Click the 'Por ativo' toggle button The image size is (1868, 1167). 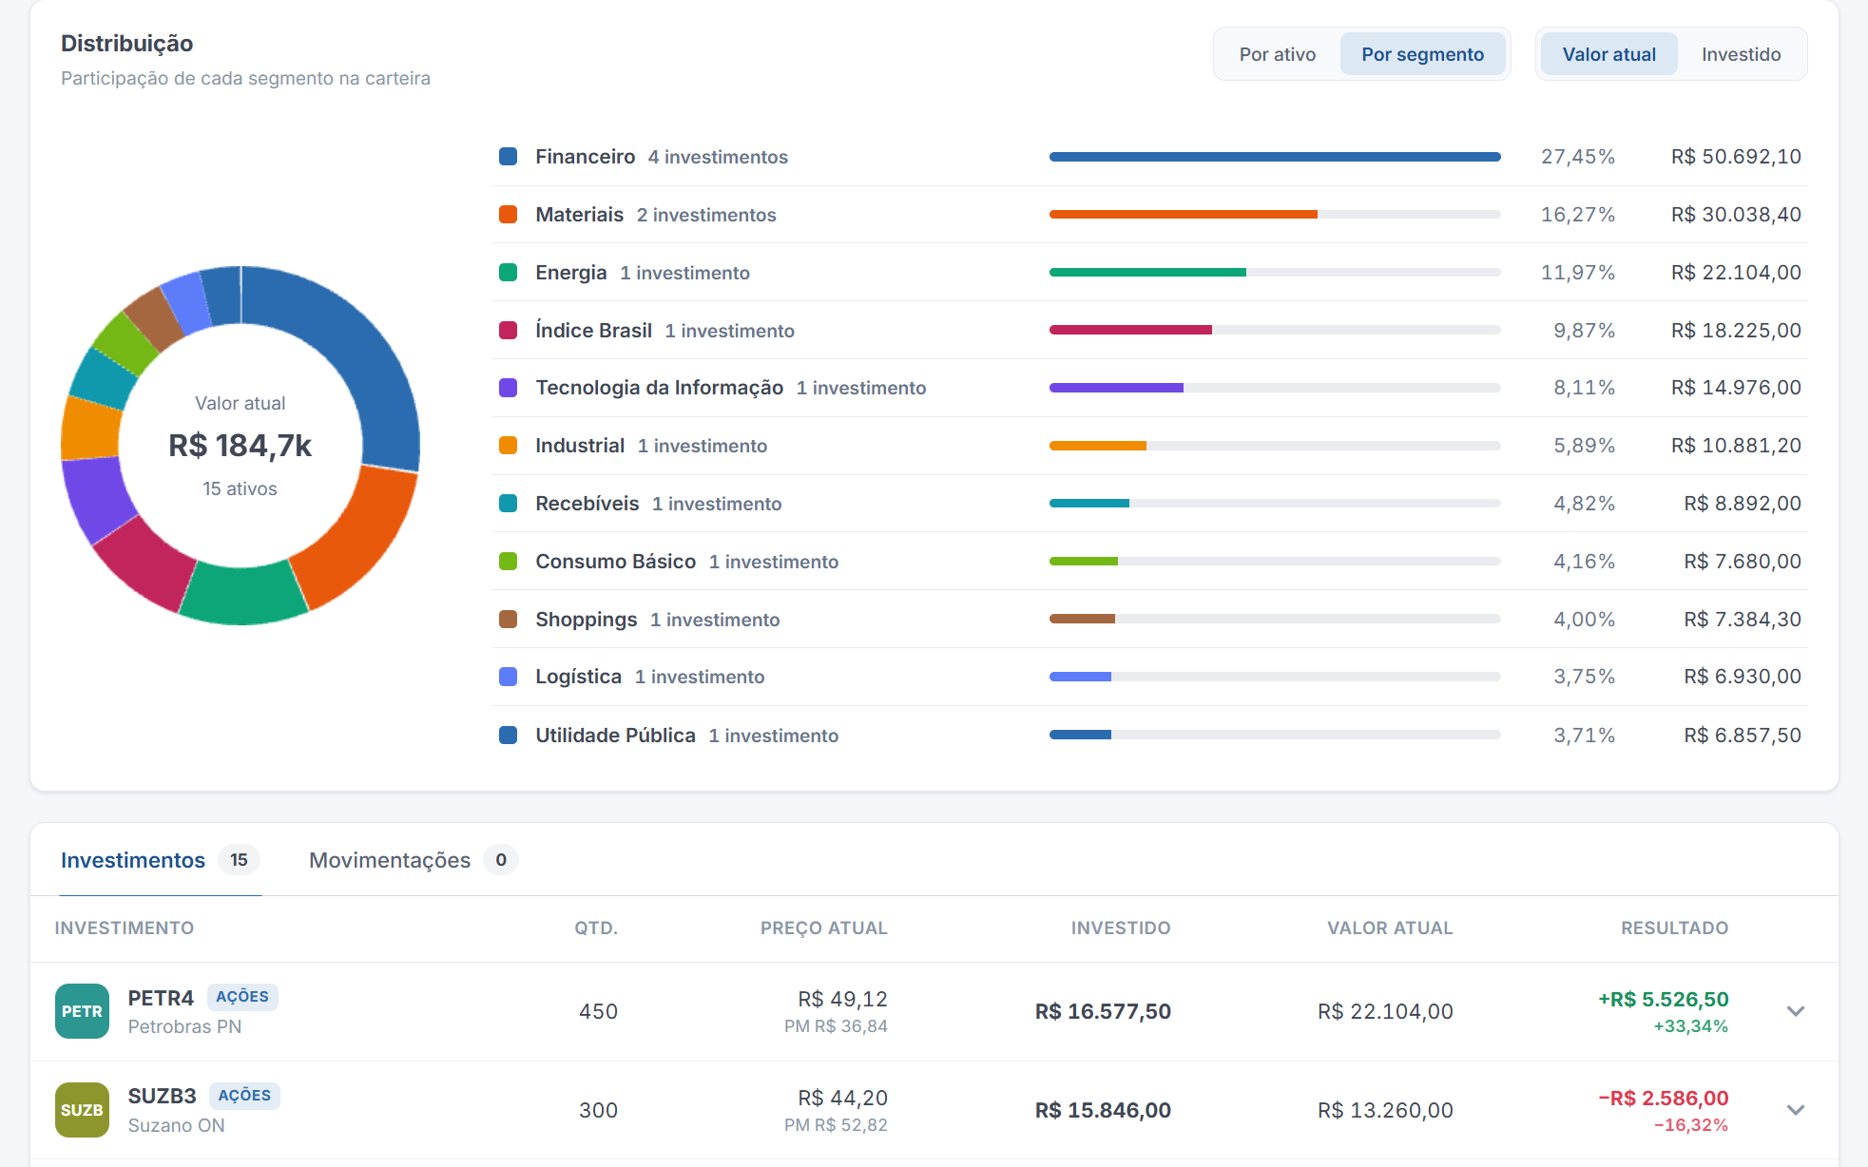(1277, 54)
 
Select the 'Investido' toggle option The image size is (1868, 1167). (1741, 54)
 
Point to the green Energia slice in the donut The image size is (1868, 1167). (243, 593)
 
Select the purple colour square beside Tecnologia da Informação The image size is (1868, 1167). (509, 388)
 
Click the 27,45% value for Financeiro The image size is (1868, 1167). (1578, 157)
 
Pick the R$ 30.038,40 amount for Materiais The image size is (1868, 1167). (1736, 215)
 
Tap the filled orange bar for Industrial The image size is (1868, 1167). (1098, 446)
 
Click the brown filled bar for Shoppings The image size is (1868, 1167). (1082, 619)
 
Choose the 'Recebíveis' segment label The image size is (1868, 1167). (587, 504)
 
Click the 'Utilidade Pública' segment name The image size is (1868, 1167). (615, 736)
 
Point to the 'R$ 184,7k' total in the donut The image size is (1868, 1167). (241, 446)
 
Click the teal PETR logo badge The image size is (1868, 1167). (83, 1011)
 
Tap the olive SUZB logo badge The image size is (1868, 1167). (83, 1110)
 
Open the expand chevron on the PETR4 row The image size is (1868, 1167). (1796, 1011)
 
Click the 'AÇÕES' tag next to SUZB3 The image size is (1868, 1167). (244, 1096)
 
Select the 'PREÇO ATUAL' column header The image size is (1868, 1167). (824, 928)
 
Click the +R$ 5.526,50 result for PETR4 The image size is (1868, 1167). (1664, 1000)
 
